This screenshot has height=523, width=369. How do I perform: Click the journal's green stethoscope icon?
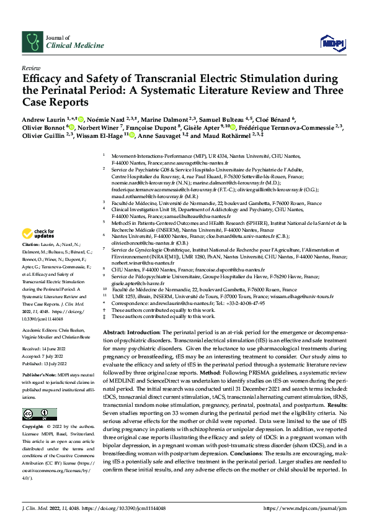pyautogui.click(x=30, y=42)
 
